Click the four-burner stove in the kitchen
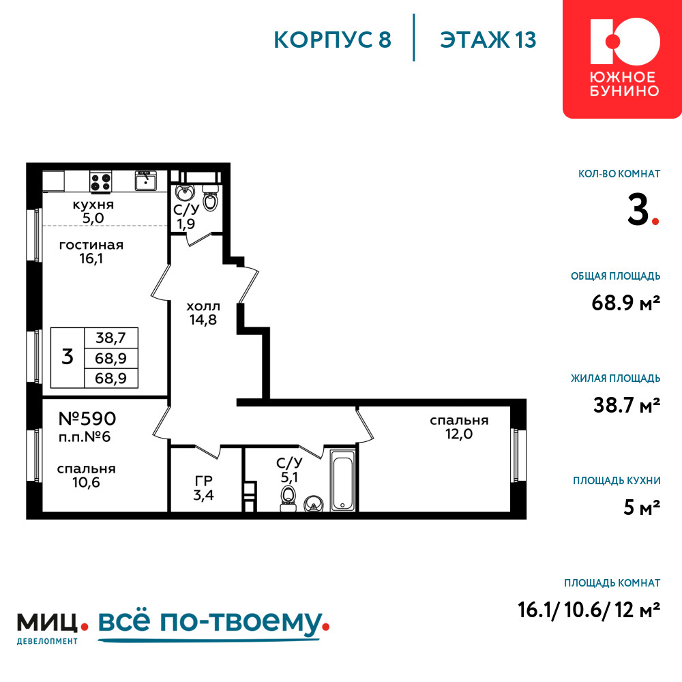point(100,181)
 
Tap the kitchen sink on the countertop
point(145,181)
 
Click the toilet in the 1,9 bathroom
point(211,198)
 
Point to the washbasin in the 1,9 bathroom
point(184,192)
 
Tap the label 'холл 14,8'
point(203,313)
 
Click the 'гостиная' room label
point(91,246)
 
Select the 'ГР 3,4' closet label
point(203,488)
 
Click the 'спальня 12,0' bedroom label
point(459,427)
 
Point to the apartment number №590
point(87,419)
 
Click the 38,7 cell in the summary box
point(111,338)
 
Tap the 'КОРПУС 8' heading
point(333,40)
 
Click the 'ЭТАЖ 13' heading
point(488,40)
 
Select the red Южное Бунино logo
point(622,59)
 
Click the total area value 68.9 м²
point(625,302)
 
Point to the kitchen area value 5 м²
point(642,507)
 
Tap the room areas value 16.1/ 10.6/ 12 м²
point(589,610)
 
